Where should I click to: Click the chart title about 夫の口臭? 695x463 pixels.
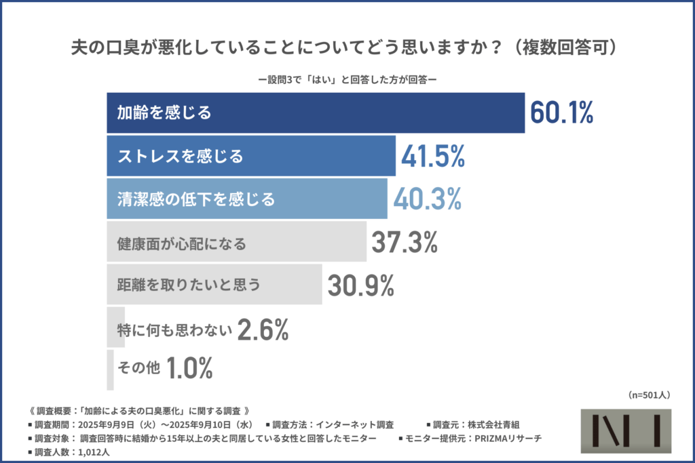click(347, 49)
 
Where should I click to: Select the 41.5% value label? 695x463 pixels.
click(432, 157)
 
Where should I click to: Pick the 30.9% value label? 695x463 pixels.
click(360, 285)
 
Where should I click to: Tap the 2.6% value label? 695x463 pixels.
click(263, 330)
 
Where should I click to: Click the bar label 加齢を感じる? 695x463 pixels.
click(164, 113)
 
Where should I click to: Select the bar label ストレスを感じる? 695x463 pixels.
click(180, 157)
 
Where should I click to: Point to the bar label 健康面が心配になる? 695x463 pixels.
click(181, 242)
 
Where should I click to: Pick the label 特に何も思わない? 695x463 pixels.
click(174, 330)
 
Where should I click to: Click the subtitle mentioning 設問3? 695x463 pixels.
click(347, 79)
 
